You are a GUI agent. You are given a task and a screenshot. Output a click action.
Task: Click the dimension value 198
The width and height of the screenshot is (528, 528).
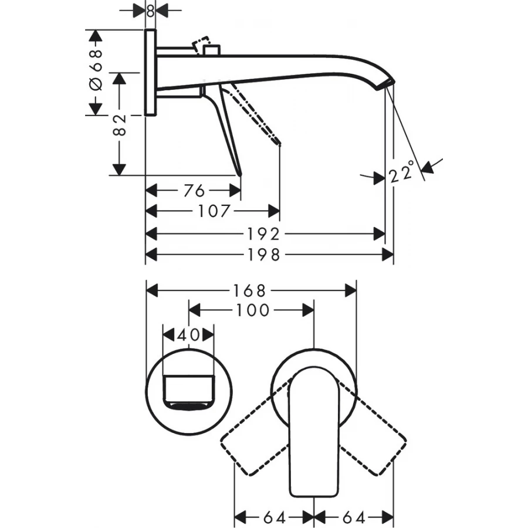coord(265,255)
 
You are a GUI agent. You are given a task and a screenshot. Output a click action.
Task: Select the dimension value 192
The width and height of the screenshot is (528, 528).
coord(265,234)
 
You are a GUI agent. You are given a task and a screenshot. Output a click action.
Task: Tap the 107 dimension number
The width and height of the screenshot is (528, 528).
coord(214,211)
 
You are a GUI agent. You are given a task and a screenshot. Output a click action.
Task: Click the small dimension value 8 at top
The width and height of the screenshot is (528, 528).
coord(150,10)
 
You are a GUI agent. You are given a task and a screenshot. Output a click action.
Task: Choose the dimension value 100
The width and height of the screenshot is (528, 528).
coord(252,310)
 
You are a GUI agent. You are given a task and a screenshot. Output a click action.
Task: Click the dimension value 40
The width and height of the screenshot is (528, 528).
coord(188,335)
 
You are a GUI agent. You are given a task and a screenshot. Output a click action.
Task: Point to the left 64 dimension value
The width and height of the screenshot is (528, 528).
coord(274,517)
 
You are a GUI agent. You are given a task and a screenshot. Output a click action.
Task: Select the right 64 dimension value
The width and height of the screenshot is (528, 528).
coord(354,517)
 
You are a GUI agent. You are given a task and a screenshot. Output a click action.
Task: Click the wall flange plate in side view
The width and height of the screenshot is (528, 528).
coord(150,72)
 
